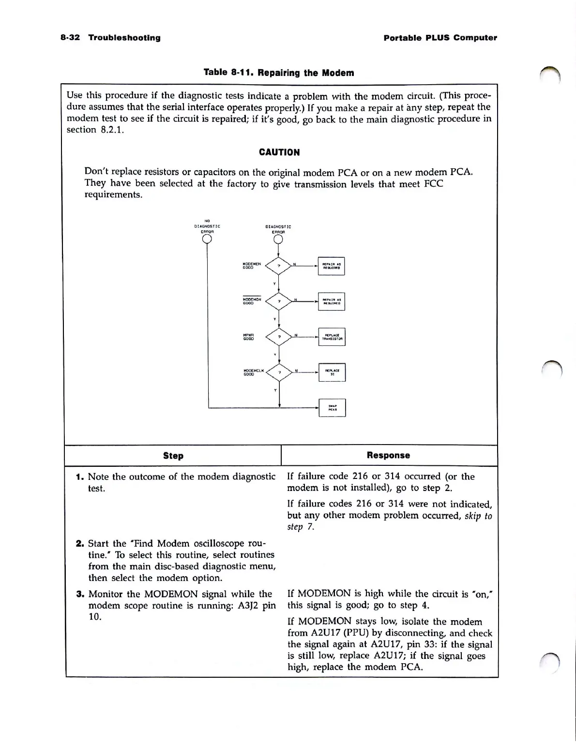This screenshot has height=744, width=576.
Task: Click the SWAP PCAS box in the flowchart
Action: (332, 408)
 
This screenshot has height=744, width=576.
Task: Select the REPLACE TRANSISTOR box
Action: (332, 337)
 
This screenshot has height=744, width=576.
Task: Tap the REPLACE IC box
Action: (332, 372)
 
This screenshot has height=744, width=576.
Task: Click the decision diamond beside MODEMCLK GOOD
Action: (280, 372)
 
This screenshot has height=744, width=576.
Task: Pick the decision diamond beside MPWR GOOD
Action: (279, 337)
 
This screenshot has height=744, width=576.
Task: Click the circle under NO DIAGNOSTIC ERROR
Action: (207, 238)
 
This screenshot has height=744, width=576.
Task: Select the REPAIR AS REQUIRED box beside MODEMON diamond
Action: (332, 301)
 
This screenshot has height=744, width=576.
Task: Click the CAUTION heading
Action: (279, 152)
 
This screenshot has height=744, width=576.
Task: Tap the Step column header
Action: (173, 456)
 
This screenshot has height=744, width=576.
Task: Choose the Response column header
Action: (388, 455)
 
